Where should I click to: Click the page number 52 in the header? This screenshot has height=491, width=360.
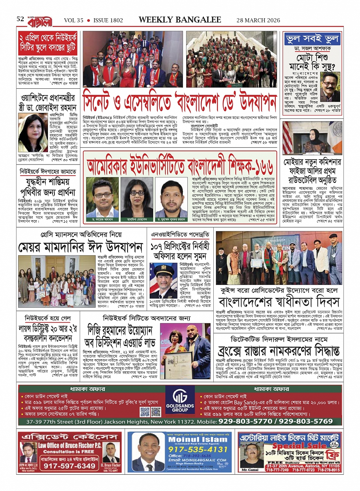pos(20,19)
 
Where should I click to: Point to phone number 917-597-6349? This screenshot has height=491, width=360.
pos(64,466)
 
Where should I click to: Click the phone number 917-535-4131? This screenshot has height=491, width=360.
pos(198,449)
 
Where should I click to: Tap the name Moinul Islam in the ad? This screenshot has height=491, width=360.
pos(198,440)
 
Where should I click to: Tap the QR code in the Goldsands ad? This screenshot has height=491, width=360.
pos(150,411)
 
